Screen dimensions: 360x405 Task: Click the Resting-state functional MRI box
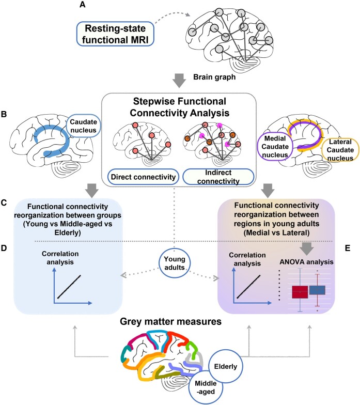point(115,34)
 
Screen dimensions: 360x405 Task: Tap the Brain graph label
point(214,77)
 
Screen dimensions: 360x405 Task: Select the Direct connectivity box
point(143,177)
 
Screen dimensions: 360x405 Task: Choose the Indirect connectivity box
point(218,177)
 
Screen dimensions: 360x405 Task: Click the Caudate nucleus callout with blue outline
point(83,126)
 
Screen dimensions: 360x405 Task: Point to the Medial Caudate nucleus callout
point(275,147)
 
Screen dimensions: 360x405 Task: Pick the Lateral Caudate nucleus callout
point(340,150)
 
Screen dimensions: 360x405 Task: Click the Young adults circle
point(175,263)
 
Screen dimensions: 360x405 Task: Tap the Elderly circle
point(225,367)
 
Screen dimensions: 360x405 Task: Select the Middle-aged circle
point(206,387)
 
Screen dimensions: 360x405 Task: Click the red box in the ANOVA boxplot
point(300,292)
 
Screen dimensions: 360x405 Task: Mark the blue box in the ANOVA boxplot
point(317,290)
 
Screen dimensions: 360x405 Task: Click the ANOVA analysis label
point(306,262)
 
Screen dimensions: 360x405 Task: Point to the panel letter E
point(348,248)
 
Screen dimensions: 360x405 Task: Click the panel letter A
point(82,4)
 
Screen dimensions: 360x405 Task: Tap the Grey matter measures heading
point(170,321)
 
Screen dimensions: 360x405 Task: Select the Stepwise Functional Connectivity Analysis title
point(180,107)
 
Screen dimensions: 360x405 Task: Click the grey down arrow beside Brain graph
point(179,81)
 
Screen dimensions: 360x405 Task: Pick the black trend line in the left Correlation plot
point(69,287)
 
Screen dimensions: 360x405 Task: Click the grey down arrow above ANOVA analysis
point(307,249)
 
